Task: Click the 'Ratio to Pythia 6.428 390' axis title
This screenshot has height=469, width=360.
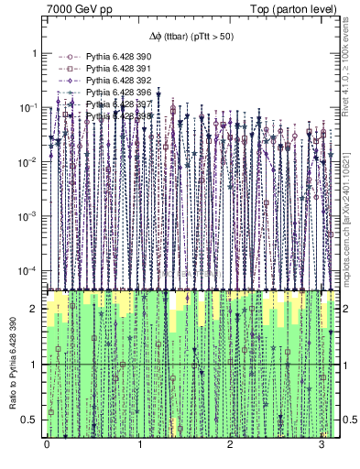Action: click(x=13, y=364)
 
